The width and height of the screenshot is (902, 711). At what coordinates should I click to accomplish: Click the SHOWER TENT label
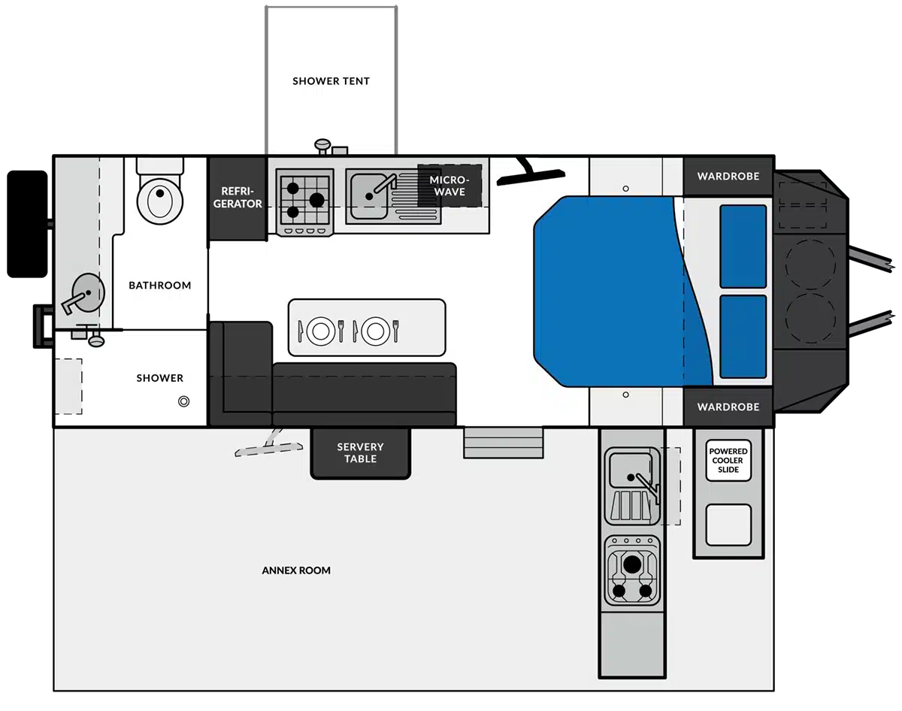pos(331,81)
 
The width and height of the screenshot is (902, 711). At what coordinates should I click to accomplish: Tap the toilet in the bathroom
pos(160,196)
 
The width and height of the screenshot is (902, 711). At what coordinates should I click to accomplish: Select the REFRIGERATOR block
pos(238,198)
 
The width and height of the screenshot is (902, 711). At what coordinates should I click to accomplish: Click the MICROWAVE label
pos(449,186)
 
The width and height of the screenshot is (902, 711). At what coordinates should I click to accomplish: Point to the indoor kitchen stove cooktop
pos(304,202)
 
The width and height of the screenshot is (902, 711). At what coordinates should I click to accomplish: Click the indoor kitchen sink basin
pos(369,196)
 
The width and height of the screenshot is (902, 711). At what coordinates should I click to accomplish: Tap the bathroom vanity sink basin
pos(88,292)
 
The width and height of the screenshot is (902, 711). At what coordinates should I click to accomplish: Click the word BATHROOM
pos(159,286)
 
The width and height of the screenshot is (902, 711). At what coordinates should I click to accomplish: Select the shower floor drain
pos(183,401)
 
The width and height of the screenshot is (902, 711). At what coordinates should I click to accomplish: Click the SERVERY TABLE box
pos(361,452)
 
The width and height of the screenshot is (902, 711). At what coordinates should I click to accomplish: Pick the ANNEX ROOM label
pos(296,570)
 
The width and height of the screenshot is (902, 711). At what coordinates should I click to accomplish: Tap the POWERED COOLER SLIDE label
pos(728,460)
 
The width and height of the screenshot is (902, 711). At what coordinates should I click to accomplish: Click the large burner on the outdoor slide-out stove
pos(632,564)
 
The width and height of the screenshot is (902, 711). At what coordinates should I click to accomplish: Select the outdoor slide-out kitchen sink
pos(632,486)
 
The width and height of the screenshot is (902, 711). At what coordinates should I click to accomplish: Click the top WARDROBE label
pos(728,176)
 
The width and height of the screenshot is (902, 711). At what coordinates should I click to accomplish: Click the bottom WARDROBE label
pos(728,407)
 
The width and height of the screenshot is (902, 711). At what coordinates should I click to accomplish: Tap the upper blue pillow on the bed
pos(743,247)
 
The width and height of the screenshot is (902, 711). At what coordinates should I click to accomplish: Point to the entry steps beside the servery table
pos(504,443)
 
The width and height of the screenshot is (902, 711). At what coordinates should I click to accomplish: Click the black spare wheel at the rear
pos(27,224)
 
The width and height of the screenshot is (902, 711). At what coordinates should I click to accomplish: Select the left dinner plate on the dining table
pos(321,331)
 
